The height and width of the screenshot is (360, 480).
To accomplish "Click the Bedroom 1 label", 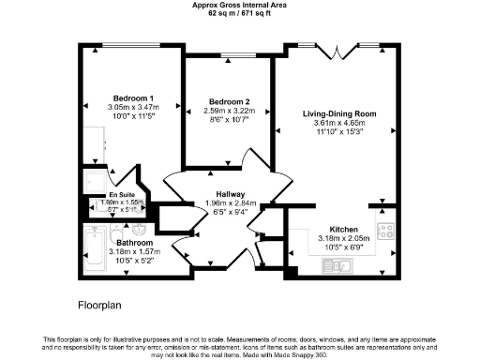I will point(133,98).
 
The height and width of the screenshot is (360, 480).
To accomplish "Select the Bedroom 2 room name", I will point(229,101).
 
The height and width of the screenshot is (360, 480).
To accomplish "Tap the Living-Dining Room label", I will point(338,113).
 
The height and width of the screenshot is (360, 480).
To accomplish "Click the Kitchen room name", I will point(343,229).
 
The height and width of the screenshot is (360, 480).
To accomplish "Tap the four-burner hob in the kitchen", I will point(385,231).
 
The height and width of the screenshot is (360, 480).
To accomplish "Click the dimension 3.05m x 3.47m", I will point(133,107).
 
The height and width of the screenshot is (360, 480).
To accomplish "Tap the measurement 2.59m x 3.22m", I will point(229,111).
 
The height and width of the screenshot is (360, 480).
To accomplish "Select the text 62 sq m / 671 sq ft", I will point(239,13).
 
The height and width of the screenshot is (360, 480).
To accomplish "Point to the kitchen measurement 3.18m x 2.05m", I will point(343,238).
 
